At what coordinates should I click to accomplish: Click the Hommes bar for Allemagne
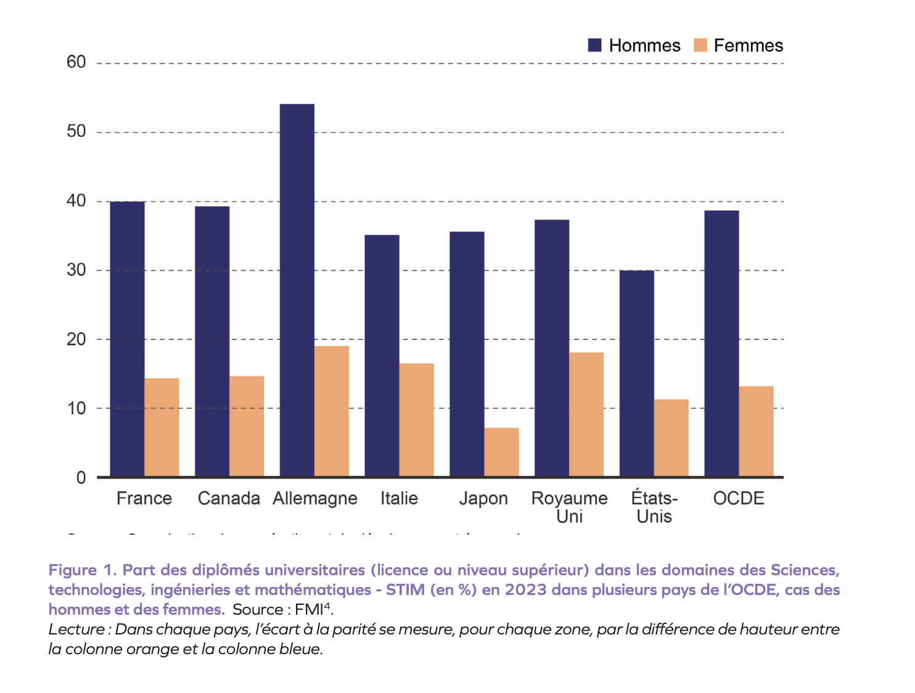point(297,290)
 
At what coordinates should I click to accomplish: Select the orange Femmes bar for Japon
point(501,452)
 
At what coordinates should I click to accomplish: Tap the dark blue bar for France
point(127,339)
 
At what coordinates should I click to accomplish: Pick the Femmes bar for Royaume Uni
point(586,414)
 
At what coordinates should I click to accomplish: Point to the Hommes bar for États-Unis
point(636,373)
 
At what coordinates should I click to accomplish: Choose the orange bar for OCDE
point(756,431)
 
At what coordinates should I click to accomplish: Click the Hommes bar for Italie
point(382,356)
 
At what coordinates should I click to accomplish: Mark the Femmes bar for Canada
point(247,426)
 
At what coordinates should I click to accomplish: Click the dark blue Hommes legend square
point(594,45)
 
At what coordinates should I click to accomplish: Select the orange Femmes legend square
point(700,45)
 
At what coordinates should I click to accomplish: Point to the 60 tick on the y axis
point(76,62)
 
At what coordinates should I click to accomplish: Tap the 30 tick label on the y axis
point(76,270)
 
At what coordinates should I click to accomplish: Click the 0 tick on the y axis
point(81,478)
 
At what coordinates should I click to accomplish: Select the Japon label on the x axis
point(483,498)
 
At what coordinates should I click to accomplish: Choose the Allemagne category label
point(315,498)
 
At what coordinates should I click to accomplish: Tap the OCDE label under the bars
point(739,498)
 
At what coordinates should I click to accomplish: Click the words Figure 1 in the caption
point(83,570)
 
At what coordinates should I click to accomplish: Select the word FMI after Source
point(309,610)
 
